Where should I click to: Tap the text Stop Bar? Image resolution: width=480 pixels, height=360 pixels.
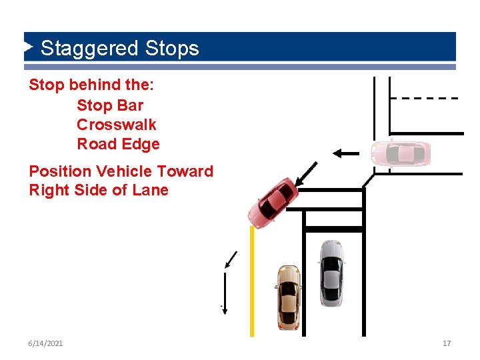(x=110, y=105)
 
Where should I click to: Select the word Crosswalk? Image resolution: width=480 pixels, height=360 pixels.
(x=117, y=125)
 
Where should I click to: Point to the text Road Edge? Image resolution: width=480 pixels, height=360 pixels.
(x=118, y=144)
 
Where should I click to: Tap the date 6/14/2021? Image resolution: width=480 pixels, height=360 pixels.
(x=46, y=343)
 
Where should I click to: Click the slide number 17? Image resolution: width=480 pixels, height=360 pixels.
(x=447, y=343)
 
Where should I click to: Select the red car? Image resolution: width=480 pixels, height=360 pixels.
(x=273, y=202)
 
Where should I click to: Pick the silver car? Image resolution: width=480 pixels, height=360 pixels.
(x=331, y=273)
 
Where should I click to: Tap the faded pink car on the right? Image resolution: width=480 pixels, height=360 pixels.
(x=401, y=153)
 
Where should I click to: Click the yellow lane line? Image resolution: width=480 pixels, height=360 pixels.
(x=252, y=280)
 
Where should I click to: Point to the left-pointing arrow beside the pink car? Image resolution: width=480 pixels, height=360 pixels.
(x=346, y=153)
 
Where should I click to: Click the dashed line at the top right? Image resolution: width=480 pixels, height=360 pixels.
(x=424, y=98)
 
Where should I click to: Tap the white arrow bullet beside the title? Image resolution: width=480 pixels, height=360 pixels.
(x=29, y=47)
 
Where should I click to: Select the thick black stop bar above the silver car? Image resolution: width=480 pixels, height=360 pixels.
(x=333, y=229)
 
